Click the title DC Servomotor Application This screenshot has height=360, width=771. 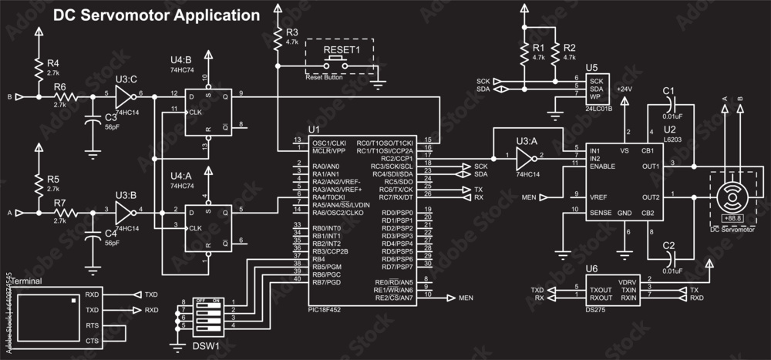(x=155, y=15)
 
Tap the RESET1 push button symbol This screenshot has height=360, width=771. (x=340, y=66)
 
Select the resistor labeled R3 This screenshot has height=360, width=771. (x=277, y=38)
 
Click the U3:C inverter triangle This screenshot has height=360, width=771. (x=123, y=96)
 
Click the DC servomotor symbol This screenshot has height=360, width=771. (x=729, y=198)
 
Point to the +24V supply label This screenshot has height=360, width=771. (x=625, y=89)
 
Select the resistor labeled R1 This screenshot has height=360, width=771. (x=524, y=52)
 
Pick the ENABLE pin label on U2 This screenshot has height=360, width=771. (x=602, y=166)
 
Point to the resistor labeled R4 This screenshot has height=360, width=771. (x=38, y=68)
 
